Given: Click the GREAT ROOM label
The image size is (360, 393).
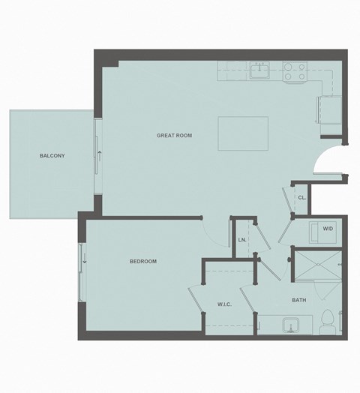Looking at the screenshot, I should [x=174, y=136].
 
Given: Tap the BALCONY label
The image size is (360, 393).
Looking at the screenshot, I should [x=52, y=156].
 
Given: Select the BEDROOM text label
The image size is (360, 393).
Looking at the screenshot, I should [x=143, y=261].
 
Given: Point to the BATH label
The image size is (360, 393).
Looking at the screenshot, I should [x=298, y=301].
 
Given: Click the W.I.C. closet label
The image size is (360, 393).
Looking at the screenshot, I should [x=224, y=304].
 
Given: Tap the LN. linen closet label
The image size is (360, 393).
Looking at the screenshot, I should [x=241, y=240].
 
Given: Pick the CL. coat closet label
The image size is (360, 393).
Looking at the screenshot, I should [x=301, y=198].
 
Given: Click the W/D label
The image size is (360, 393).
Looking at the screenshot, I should [x=328, y=229].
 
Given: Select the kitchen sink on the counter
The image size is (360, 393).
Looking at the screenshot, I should [x=260, y=70].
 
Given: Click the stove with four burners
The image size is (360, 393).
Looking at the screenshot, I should [x=293, y=71].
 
